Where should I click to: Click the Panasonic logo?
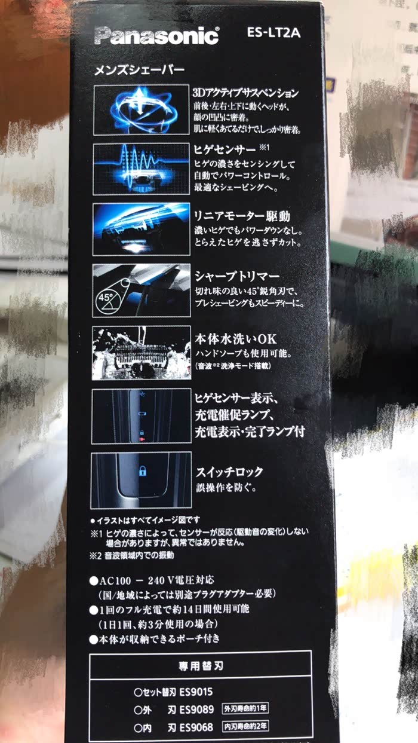(156, 36)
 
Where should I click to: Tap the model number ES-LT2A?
(273, 32)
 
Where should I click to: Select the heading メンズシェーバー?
(139, 71)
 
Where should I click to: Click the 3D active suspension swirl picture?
(142, 110)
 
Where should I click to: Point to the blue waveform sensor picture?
(142, 169)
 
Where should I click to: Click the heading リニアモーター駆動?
(242, 216)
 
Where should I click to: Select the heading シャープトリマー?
(236, 276)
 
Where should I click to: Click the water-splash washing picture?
(142, 353)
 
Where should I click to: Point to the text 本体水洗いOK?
(235, 339)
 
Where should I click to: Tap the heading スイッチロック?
(229, 472)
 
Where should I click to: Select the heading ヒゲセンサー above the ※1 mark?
(225, 150)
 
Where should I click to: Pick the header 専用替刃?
(201, 666)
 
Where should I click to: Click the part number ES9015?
(196, 692)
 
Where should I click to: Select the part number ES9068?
(196, 727)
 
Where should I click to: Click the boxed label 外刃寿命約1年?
(245, 708)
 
